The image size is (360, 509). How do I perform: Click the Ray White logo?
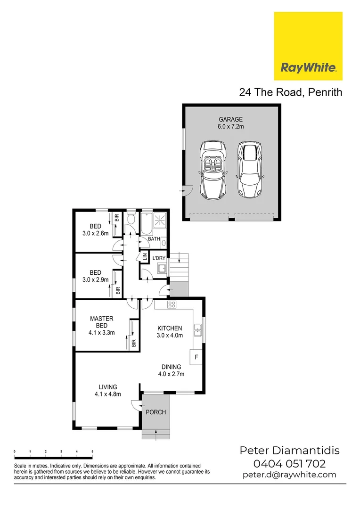[x=308, y=46]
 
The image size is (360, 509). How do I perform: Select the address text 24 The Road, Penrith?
[x=290, y=92]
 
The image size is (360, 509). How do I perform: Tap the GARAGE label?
[x=230, y=120]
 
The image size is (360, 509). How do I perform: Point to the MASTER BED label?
[x=101, y=322]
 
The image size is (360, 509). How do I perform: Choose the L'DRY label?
[x=159, y=258]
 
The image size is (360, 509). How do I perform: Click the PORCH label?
[x=155, y=412]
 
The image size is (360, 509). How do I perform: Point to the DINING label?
[x=171, y=367]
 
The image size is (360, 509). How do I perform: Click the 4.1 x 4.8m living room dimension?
[x=108, y=394]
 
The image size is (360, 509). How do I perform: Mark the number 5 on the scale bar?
[x=92, y=452]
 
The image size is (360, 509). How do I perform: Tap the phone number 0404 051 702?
[x=289, y=463]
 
